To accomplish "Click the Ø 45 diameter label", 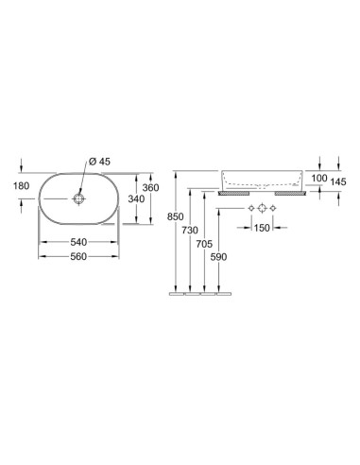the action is pos(99,162).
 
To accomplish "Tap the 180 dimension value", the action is pos(22,186).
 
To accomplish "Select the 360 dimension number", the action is pos(151,188).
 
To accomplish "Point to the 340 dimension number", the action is pos(136,198).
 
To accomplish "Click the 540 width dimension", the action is pos(78,242).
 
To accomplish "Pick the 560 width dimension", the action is pos(78,256).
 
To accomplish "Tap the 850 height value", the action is pos(176,217).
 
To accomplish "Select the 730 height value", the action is pos(190,231).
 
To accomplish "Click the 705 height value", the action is pos(204,244).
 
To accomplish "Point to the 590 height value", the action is pos(218,257).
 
